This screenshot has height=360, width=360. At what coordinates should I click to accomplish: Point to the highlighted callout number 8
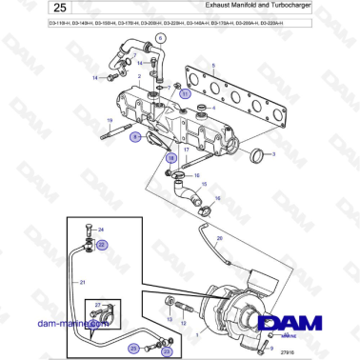point(135,137)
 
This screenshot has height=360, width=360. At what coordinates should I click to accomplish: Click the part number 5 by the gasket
point(213,64)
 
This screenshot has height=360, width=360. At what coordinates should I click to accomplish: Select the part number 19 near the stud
point(110,120)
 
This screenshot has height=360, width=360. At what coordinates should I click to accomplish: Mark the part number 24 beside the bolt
point(102,230)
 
